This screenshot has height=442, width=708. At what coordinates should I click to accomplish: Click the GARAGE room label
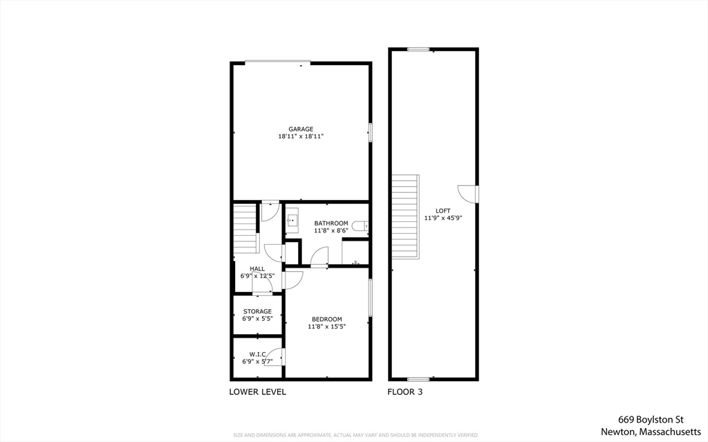pyautogui.click(x=301, y=129)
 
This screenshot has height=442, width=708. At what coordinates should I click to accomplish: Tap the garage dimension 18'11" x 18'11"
pyautogui.click(x=301, y=137)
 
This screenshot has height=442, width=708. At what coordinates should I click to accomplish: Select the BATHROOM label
pyautogui.click(x=331, y=223)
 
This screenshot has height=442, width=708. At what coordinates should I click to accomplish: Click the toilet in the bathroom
pyautogui.click(x=360, y=225)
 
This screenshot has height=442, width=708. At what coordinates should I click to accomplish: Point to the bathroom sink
pyautogui.click(x=292, y=221)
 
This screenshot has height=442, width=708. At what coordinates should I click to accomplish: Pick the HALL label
pyautogui.click(x=257, y=268)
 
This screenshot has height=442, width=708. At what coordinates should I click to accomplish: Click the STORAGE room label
pyautogui.click(x=257, y=311)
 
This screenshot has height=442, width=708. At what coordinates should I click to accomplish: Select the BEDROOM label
pyautogui.click(x=327, y=319)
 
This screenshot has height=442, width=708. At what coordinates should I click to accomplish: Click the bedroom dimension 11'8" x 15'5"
pyautogui.click(x=327, y=326)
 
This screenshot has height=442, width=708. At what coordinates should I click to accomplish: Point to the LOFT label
pyautogui.click(x=443, y=210)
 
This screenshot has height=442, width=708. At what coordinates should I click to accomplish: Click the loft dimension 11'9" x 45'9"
pyautogui.click(x=443, y=218)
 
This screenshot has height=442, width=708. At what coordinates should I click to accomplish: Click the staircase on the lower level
pyautogui.click(x=245, y=228)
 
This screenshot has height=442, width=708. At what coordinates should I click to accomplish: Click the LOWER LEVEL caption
pyautogui.click(x=257, y=392)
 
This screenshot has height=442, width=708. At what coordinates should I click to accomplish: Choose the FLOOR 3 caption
pyautogui.click(x=405, y=392)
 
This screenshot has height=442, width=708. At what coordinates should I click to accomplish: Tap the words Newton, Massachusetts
pyautogui.click(x=651, y=431)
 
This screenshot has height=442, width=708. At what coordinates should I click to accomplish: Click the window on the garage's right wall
pyautogui.click(x=370, y=131)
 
